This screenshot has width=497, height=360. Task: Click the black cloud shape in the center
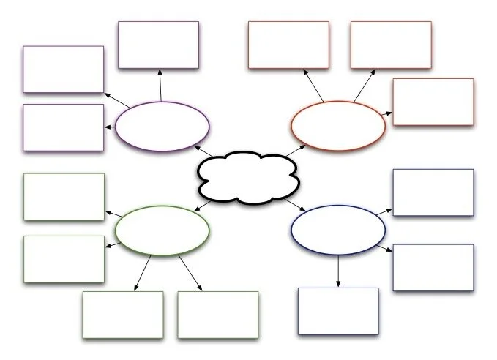(247, 177)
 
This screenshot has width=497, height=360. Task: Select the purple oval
(162, 126)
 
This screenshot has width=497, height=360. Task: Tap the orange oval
(337, 125)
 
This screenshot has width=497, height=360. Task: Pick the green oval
(162, 230)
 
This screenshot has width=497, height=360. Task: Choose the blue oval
(338, 230)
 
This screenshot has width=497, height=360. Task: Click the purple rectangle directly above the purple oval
(158, 45)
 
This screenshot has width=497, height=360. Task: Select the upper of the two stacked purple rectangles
(63, 70)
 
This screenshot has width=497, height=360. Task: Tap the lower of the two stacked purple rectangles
(63, 127)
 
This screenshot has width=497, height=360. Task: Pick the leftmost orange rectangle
(288, 45)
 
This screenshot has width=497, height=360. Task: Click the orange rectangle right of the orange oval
(433, 102)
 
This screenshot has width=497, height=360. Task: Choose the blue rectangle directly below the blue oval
(338, 311)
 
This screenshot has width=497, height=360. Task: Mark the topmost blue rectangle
(433, 192)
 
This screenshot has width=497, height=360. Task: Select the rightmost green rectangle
(218, 315)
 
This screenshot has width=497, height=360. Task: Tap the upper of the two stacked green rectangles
(64, 196)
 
